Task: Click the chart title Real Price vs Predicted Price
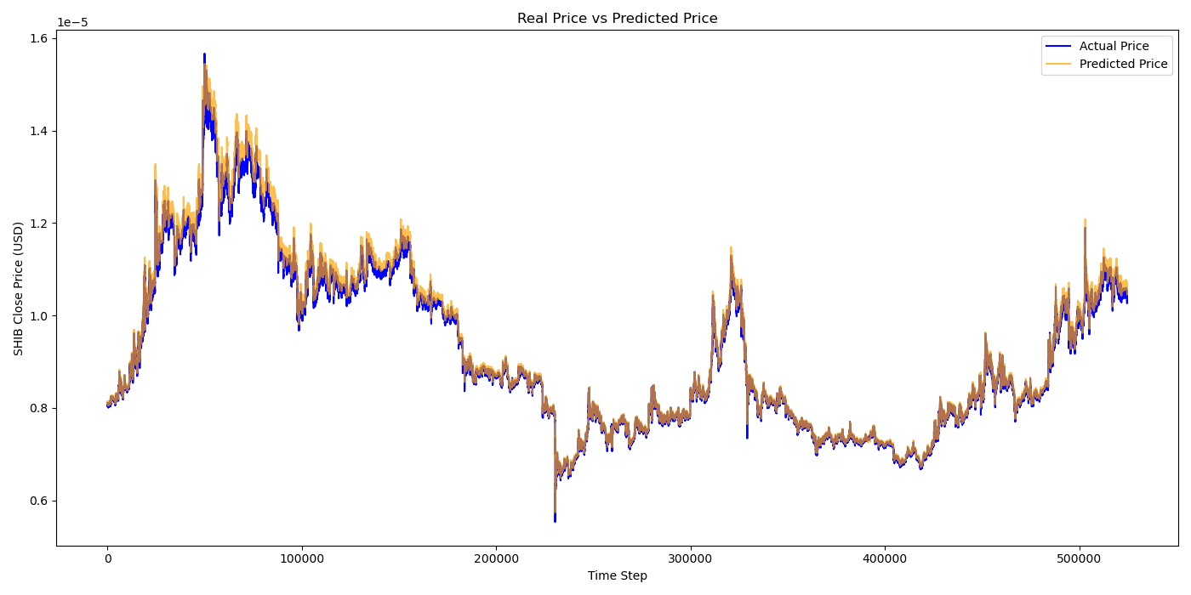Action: click(x=617, y=19)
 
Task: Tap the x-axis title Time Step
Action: click(x=617, y=575)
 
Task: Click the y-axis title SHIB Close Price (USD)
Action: click(x=19, y=288)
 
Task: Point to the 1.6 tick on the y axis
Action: click(x=39, y=39)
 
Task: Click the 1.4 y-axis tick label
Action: click(x=39, y=131)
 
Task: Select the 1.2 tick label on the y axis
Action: click(x=39, y=224)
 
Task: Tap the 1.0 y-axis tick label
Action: click(x=39, y=316)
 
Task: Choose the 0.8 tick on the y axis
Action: click(x=39, y=408)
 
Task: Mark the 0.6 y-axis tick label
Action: click(x=39, y=501)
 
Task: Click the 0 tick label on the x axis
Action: click(x=107, y=558)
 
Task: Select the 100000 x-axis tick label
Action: click(x=302, y=558)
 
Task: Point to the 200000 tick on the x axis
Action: click(x=496, y=558)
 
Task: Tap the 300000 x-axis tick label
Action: click(x=691, y=558)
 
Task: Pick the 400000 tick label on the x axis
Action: click(x=885, y=558)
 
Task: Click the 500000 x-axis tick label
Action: click(x=1080, y=558)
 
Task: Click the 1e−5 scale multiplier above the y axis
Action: click(x=72, y=23)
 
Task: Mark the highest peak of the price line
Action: click(x=204, y=54)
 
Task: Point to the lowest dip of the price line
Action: click(x=555, y=521)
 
